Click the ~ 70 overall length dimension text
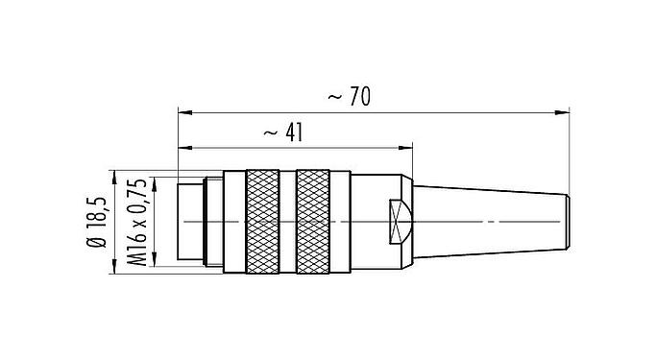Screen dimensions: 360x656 [x=350, y=97]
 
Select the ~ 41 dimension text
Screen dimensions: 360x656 [x=279, y=133]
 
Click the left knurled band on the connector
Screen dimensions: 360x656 [x=260, y=222]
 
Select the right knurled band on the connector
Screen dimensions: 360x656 [x=312, y=222]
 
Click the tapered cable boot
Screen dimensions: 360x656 [x=490, y=222]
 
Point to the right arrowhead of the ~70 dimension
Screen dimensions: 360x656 [x=562, y=113]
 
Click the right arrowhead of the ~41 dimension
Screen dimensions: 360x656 [x=408, y=149]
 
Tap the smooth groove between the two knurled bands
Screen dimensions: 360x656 [x=286, y=222]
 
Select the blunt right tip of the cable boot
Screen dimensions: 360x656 [x=566, y=222]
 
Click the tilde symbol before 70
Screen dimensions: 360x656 [x=334, y=97]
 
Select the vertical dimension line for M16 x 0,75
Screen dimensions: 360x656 [x=155, y=222]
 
